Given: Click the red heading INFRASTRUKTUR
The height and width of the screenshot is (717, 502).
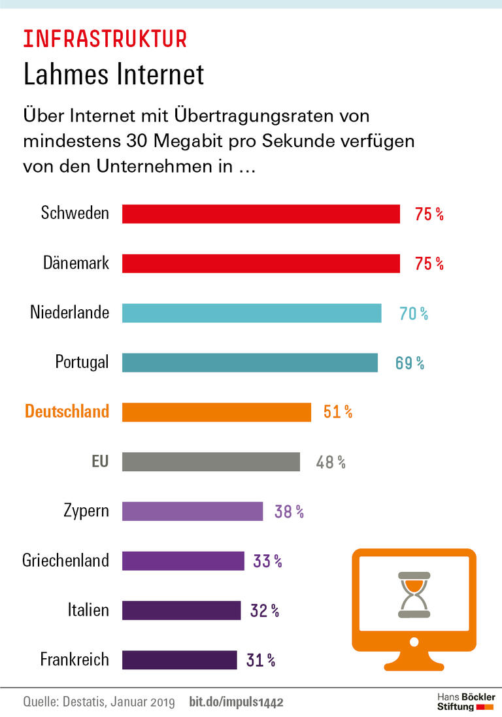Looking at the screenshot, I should [x=105, y=39].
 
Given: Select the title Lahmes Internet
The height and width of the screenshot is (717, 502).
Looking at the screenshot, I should [x=114, y=74].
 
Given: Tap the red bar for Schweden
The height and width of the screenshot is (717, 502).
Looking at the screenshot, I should [x=261, y=214].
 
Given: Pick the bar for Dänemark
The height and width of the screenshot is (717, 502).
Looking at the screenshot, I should [x=261, y=263].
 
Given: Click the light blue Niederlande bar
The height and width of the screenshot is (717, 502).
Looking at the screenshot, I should [x=252, y=313].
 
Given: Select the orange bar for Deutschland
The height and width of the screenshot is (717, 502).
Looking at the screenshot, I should [x=216, y=412].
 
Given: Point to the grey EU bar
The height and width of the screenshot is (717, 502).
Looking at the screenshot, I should [x=210, y=462].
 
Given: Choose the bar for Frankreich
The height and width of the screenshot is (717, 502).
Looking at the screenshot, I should [x=179, y=660].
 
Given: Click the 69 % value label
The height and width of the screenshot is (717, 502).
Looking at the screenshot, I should [x=409, y=363].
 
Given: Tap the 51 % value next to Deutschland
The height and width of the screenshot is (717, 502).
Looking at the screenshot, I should [x=337, y=412].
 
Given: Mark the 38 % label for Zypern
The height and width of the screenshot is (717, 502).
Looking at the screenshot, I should [x=289, y=512].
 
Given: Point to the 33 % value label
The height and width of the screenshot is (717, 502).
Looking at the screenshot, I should [x=267, y=561].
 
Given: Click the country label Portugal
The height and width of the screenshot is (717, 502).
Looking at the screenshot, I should [x=82, y=362].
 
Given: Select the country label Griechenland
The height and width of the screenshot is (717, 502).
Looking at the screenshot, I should [x=65, y=561].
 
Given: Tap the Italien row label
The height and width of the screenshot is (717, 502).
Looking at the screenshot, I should [x=88, y=610].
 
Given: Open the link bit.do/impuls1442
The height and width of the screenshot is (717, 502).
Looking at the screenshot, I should [x=236, y=703].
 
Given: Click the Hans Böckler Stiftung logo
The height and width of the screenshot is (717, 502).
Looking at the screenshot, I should [x=465, y=702].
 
